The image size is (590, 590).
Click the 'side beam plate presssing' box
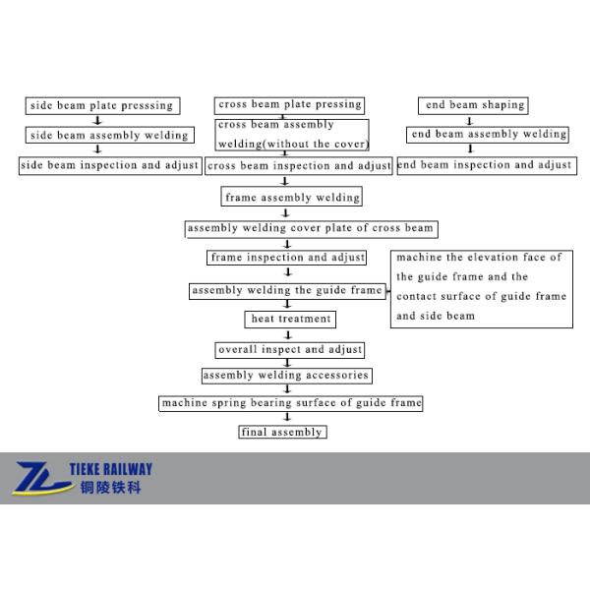point(101,105)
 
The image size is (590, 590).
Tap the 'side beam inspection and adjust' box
point(110,165)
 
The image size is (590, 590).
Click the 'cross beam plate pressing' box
point(289,105)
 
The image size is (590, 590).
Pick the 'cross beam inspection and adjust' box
point(299,166)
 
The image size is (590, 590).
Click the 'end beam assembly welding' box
point(488,135)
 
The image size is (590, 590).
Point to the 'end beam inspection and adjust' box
point(486,165)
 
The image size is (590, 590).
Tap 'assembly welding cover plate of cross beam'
point(310,229)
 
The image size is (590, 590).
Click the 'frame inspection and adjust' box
point(287,258)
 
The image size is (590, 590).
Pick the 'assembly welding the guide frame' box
point(287,291)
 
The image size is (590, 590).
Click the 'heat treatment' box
point(289,320)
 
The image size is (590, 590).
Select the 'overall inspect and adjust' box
point(290,349)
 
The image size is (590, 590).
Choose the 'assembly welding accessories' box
point(286,376)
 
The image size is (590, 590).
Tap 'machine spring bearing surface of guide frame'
point(291,403)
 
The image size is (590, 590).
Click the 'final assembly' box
point(281,432)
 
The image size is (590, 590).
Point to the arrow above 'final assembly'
point(287,417)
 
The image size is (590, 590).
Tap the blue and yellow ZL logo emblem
point(41,478)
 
